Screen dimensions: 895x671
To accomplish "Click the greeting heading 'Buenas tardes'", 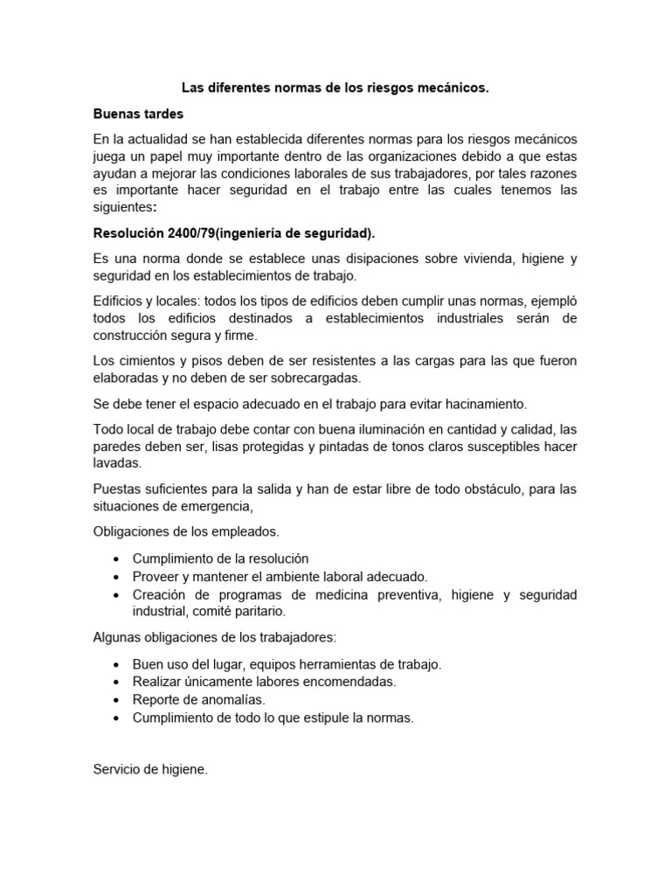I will pos(138,114).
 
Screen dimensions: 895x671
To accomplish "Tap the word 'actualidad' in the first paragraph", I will pos(158,140).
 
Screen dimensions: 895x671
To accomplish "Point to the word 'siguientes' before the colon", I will pos(122,208).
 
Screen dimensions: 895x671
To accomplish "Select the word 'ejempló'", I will pos(550,302).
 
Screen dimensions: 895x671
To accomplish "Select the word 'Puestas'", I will pos(116,489).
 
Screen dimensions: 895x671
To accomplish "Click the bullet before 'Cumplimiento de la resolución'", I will pos(117,559).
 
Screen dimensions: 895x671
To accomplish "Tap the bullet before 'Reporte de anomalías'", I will pos(117,700).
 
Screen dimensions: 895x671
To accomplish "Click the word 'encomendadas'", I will pos(352,681).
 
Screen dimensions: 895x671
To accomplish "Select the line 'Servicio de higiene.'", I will pos(150,770).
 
